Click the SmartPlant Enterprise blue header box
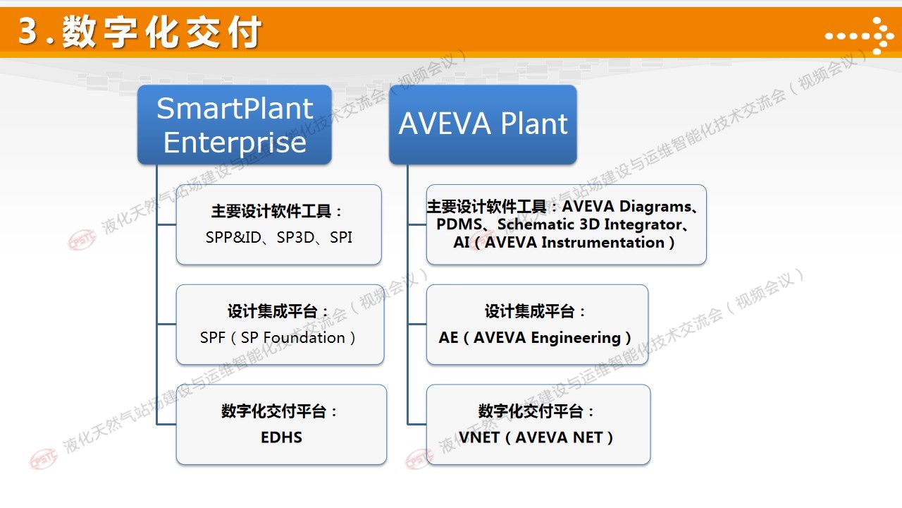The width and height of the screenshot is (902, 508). point(235,125)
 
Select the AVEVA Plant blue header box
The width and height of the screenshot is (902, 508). point(483,125)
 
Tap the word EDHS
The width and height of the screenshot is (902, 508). point(281,437)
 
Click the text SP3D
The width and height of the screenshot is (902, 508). point(295,238)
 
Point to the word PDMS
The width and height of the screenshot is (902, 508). point(459,224)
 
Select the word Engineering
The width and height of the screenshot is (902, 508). point(576,338)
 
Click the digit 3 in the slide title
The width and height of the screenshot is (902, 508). point(28,30)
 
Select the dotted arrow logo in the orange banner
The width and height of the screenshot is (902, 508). point(859,36)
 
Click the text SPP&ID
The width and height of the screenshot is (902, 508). point(233,238)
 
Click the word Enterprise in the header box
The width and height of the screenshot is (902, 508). point(235,143)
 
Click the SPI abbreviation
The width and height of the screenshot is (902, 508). point(341,238)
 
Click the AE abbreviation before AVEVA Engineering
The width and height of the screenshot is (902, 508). point(448,337)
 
